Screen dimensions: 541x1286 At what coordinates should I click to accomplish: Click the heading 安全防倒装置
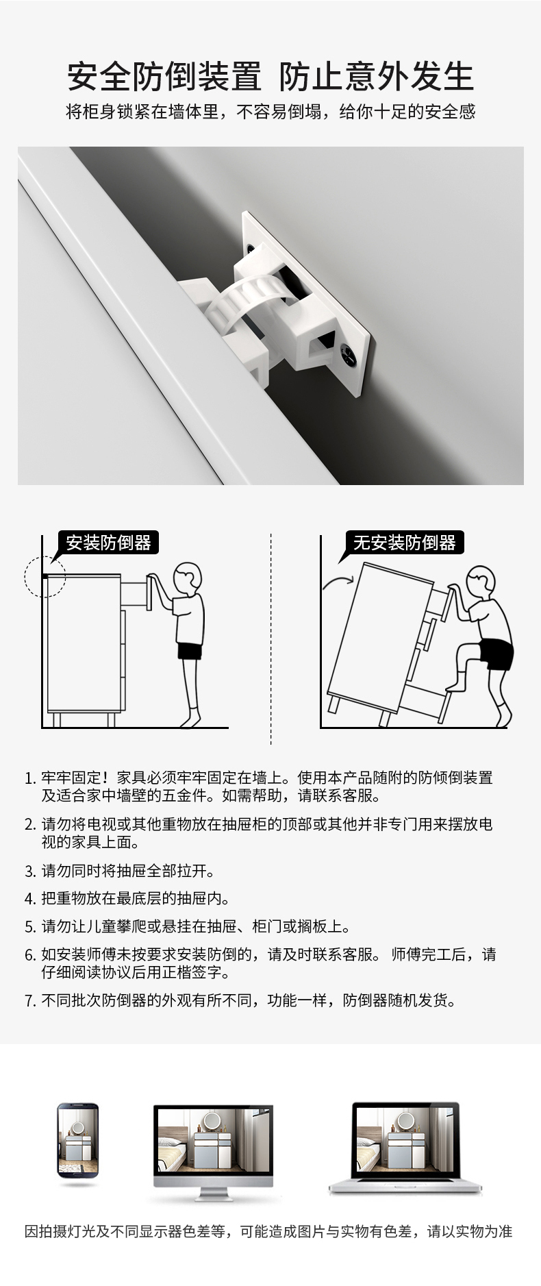[164, 76]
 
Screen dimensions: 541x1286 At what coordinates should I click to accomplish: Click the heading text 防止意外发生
[376, 76]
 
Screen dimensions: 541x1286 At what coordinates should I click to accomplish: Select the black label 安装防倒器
[108, 543]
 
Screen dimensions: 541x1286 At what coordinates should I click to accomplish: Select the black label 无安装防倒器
[405, 543]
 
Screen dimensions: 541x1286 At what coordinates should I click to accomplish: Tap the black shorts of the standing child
[190, 651]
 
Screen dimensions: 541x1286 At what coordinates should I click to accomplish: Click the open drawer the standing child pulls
[135, 593]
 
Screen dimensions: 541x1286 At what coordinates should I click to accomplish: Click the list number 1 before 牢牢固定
[29, 778]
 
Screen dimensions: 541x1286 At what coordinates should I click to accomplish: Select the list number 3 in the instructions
[29, 871]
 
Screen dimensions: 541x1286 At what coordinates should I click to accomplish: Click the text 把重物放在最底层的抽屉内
[136, 898]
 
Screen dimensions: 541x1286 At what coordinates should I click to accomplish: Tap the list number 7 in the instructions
[29, 1001]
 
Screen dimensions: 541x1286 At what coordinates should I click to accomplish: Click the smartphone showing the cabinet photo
[77, 1141]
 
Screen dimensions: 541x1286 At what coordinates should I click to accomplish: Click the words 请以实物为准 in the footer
[470, 1232]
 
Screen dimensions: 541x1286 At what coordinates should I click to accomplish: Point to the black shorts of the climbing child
[496, 653]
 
